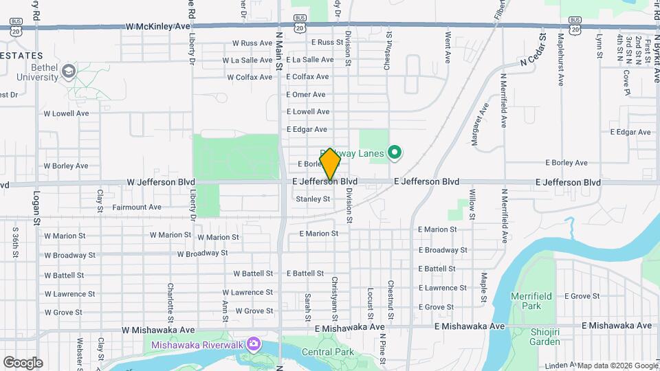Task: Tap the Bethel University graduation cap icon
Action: click(68, 71)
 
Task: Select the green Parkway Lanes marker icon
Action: click(395, 153)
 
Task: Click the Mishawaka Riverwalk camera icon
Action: click(254, 344)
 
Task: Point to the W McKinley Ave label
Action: click(157, 27)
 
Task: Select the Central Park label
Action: click(327, 352)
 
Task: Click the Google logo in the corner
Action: click(23, 362)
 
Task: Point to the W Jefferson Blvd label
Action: click(161, 182)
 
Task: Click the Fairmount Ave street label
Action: click(136, 207)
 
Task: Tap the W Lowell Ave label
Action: click(66, 113)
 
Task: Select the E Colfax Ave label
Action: click(307, 77)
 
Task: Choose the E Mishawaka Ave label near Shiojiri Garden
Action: click(616, 326)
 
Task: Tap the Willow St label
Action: click(472, 200)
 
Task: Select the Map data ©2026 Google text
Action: click(617, 366)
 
